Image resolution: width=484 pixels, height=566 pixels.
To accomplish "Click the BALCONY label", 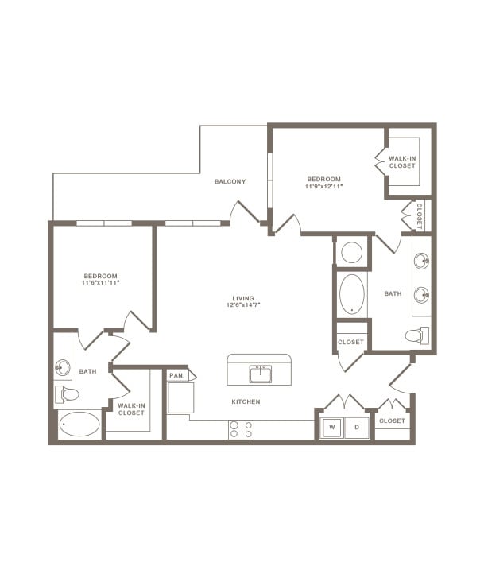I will (x=230, y=181).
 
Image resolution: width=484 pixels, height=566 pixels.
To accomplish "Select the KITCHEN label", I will (x=246, y=402).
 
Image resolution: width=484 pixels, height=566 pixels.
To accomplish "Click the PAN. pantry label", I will (x=176, y=374).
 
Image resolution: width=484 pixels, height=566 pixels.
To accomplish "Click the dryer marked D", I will (x=357, y=428).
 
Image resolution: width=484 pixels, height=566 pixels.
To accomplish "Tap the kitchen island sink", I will (x=259, y=373).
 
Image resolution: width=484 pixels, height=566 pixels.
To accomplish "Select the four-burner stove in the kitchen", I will (x=242, y=429).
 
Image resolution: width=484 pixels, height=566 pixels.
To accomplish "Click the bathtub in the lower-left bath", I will (x=80, y=424).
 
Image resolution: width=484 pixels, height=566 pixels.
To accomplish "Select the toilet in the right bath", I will (x=416, y=336).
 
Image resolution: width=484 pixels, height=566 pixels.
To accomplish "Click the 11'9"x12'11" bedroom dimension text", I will (x=323, y=187).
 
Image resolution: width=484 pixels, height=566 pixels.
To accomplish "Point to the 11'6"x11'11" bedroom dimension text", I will (x=100, y=282).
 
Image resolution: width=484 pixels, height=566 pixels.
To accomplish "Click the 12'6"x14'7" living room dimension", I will (x=243, y=304).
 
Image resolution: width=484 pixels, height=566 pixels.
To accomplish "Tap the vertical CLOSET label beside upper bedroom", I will (x=419, y=215).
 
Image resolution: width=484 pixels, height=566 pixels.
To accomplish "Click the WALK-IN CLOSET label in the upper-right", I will (x=402, y=162).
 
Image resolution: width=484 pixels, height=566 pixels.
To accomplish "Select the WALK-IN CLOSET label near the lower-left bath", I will (x=131, y=409).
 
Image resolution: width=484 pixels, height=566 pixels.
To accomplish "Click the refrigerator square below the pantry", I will (x=180, y=397).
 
